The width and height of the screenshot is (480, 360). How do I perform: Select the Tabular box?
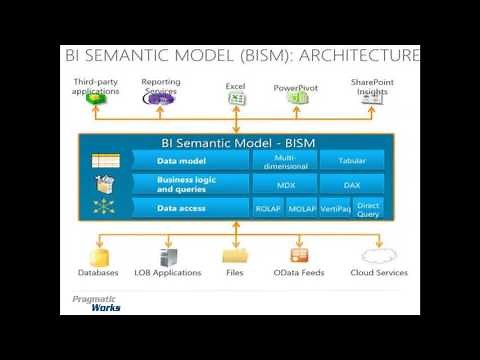click(352, 160)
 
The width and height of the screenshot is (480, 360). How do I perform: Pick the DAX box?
click(352, 184)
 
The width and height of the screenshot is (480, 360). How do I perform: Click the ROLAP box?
click(266, 208)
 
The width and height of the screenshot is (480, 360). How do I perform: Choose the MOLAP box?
click(301, 208)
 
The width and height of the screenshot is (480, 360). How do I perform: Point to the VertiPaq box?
click(335, 208)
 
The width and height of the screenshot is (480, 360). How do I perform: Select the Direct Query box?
click(369, 208)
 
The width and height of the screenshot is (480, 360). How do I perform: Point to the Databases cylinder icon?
click(98, 254)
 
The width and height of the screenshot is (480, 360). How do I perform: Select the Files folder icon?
click(235, 254)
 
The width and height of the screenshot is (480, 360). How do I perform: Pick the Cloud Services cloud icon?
click(379, 254)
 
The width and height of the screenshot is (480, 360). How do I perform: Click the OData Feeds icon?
click(299, 254)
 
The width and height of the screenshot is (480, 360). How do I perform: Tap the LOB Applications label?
click(168, 272)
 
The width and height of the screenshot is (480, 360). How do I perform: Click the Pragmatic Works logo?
click(96, 303)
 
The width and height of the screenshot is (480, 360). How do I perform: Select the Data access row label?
click(181, 208)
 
